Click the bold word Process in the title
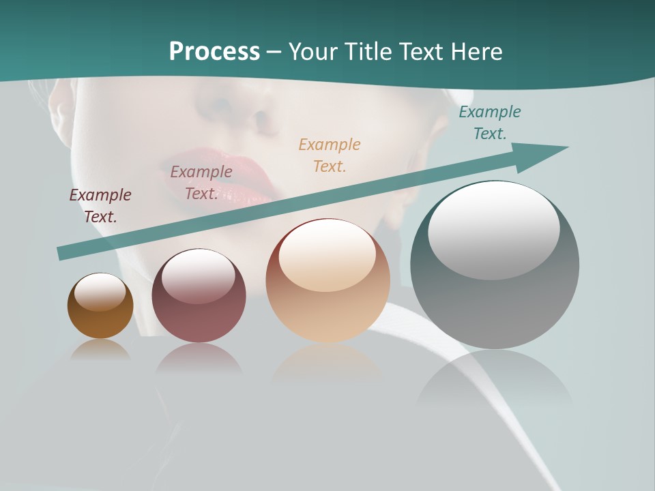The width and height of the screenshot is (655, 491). pyautogui.click(x=214, y=52)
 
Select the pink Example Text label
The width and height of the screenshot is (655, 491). pyautogui.click(x=201, y=183)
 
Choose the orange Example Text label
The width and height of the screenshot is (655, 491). pyautogui.click(x=330, y=155)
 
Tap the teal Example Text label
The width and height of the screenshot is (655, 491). pyautogui.click(x=490, y=123)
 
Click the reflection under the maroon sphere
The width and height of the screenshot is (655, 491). pyautogui.click(x=199, y=359)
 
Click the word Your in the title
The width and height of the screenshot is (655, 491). pyautogui.click(x=315, y=52)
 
